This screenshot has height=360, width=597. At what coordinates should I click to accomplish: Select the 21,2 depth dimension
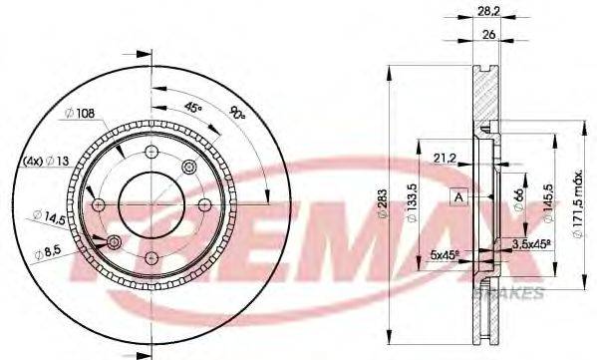(x=446, y=156)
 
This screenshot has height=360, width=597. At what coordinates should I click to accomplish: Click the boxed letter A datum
(x=459, y=195)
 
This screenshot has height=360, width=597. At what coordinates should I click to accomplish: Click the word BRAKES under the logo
(x=516, y=293)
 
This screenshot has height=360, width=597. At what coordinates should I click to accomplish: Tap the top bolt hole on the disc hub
(x=152, y=152)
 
